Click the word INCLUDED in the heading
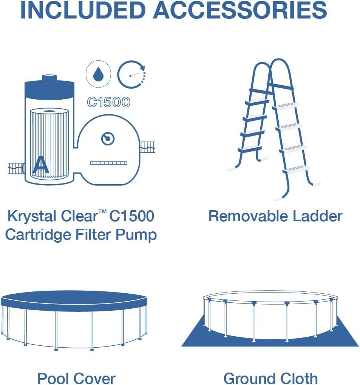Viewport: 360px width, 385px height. tap(83, 10)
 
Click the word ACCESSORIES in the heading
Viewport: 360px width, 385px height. tap(240, 10)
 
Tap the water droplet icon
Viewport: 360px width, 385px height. tap(98, 74)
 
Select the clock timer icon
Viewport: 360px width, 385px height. tap(131, 74)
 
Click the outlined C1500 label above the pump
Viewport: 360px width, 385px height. tap(109, 102)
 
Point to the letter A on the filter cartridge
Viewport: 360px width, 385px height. tap(41, 165)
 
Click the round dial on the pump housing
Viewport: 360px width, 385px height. tap(108, 139)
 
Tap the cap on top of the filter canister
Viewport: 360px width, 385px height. tap(49, 79)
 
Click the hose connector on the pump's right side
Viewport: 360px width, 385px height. tap(147, 147)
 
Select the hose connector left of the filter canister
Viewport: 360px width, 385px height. tap(16, 168)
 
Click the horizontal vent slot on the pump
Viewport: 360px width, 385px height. tap(109, 163)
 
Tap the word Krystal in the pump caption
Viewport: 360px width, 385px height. tap(32, 216)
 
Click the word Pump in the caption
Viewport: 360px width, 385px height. tap(136, 235)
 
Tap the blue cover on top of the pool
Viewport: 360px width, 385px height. tap(74, 300)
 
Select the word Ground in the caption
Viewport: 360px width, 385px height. tap(249, 378)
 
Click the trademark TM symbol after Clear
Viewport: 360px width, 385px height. tap(102, 212)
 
